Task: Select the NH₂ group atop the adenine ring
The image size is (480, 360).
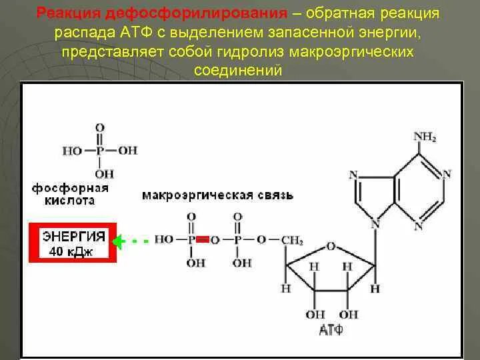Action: (x=425, y=137)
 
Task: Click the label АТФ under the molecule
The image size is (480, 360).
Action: (x=331, y=329)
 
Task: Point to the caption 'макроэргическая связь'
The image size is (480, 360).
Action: (x=217, y=195)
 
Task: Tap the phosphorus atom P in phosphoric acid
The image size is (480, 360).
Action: (x=100, y=151)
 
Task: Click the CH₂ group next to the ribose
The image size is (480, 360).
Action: (x=291, y=239)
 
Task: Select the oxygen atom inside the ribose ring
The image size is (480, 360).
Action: (x=331, y=246)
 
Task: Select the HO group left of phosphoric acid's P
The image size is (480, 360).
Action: (x=73, y=151)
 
